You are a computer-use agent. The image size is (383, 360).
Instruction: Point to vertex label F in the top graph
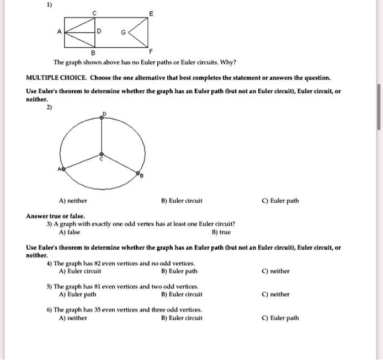click(144, 52)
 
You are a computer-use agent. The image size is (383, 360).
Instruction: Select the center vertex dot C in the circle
click(100, 155)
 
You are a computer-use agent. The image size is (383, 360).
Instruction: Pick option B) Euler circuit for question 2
click(182, 201)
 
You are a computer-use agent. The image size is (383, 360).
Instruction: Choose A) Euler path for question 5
click(77, 294)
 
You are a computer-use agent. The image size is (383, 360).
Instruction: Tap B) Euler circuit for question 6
click(182, 318)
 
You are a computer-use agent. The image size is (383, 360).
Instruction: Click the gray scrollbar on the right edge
click(379, 107)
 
